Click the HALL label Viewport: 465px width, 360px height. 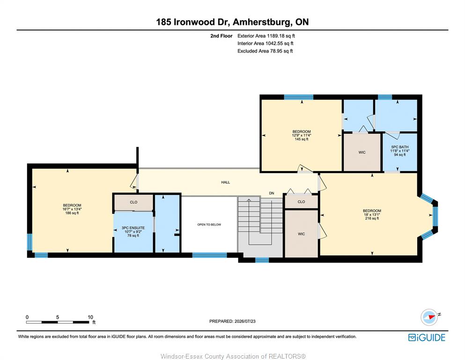(225, 182)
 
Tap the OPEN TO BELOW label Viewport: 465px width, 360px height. (209, 225)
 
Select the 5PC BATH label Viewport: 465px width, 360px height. (400, 147)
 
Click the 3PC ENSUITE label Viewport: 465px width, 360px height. (133, 228)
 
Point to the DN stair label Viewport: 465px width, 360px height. (271, 193)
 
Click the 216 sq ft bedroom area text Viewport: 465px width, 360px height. (372, 218)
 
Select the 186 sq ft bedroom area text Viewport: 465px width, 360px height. (72, 213)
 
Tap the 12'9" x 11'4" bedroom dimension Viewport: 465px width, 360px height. (302, 135)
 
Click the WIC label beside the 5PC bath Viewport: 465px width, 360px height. (362, 152)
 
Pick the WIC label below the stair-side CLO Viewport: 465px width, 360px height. (301, 234)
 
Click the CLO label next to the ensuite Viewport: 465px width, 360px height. (133, 202)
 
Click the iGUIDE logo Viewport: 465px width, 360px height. (427, 337)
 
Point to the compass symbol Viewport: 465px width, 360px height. (429, 317)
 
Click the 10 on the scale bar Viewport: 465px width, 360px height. (90, 317)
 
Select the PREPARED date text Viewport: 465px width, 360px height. (232, 321)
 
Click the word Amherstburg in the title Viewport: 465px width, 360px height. (262, 22)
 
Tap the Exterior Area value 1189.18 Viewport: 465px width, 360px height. (276, 36)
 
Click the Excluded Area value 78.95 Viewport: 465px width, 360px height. (275, 51)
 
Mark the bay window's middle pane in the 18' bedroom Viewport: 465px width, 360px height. (435, 217)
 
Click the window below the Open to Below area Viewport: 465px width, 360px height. (209, 255)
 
